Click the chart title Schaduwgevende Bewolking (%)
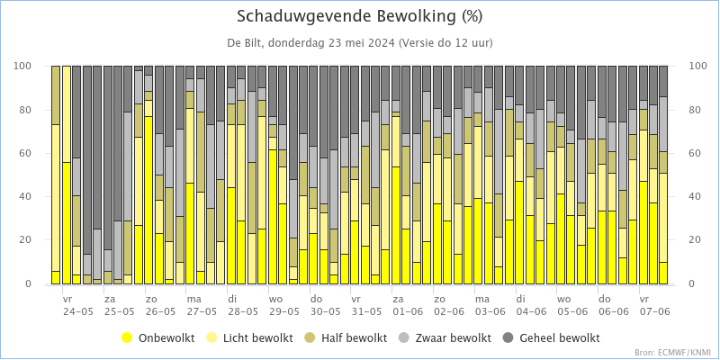[x=360, y=16]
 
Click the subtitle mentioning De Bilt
[x=360, y=43]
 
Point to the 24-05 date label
[x=78, y=311]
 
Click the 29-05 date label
[x=283, y=311]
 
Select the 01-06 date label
[x=408, y=311]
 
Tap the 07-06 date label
[x=655, y=311]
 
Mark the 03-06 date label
[x=490, y=311]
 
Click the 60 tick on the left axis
[x=27, y=153]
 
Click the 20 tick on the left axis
[x=27, y=240]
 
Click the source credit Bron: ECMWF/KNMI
[x=672, y=353]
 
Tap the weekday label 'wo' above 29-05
[x=275, y=298]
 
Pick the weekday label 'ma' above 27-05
[x=193, y=298]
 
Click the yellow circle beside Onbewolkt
[x=127, y=338]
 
